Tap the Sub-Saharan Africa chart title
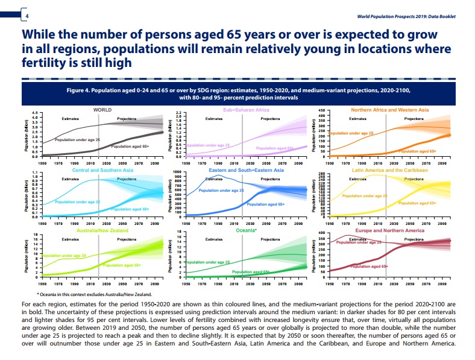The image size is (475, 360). (246, 110)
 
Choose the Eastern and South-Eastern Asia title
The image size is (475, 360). (246, 170)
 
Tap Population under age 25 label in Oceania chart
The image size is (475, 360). (207, 262)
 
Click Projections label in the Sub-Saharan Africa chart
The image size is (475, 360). (270, 119)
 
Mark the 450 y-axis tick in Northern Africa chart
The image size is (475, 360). (321, 112)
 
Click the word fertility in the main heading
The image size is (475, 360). (45, 62)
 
